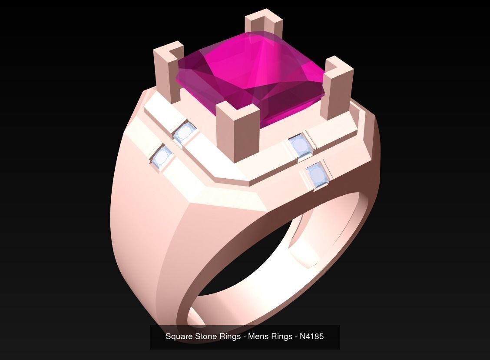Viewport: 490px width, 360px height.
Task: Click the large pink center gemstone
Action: (250, 76)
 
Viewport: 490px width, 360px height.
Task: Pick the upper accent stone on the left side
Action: (184, 133)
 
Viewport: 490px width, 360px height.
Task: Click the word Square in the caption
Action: (179, 337)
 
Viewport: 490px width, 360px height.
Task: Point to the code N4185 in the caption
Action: (312, 337)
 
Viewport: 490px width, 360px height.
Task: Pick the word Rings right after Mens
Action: (281, 337)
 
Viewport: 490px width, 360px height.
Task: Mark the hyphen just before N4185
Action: (296, 337)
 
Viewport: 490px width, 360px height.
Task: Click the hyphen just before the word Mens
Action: (245, 337)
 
